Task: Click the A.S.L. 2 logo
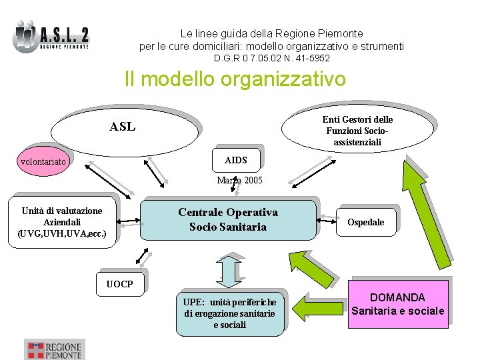[x=51, y=36]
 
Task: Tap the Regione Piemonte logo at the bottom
[x=55, y=349]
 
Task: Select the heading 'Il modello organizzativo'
[x=235, y=79]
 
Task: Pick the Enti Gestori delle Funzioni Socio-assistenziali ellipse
[x=357, y=129]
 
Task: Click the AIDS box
[x=235, y=160]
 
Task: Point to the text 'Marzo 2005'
[x=240, y=180]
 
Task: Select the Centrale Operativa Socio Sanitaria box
[x=227, y=219]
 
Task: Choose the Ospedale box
[x=365, y=222]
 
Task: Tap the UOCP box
[x=119, y=284]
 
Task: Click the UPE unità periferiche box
[x=229, y=313]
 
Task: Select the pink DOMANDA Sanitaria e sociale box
[x=397, y=304]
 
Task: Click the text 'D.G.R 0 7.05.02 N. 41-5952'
[x=271, y=59]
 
